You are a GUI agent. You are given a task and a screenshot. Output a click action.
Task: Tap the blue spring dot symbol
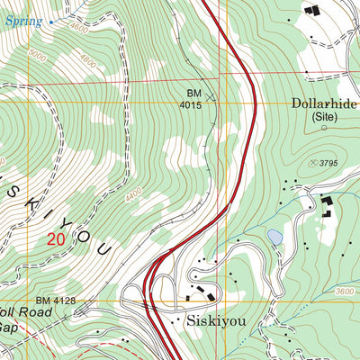click(50, 21)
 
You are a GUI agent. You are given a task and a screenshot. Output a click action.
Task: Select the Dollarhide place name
click(324, 103)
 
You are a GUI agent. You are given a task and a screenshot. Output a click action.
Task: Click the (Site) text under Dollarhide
click(323, 117)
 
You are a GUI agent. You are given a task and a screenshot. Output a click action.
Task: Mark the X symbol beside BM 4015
click(212, 94)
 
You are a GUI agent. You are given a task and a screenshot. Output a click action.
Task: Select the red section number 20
click(56, 239)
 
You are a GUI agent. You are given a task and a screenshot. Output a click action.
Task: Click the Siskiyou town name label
click(216, 319)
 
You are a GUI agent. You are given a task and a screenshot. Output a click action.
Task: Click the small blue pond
click(274, 237)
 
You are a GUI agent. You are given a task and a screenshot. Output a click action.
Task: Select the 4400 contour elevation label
click(134, 193)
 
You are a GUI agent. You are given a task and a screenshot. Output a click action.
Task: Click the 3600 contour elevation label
click(344, 291)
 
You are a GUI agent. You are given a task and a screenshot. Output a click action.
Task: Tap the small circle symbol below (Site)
click(325, 129)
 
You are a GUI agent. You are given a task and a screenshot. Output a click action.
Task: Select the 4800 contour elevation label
click(86, 62)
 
